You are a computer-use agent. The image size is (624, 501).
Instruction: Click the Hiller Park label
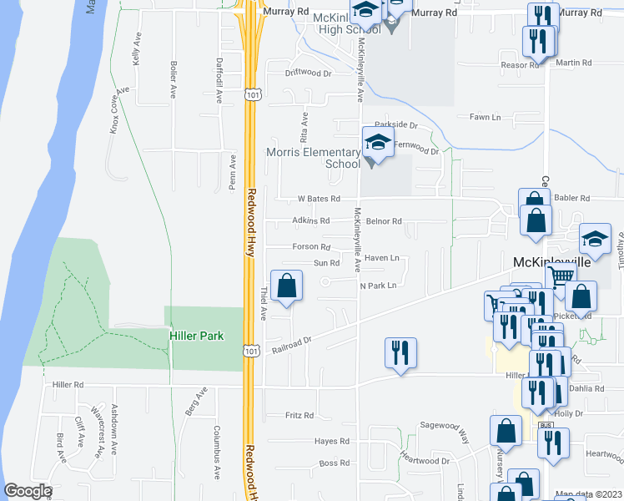pyautogui.click(x=197, y=336)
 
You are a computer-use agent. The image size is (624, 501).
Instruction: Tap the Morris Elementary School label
pyautogui.click(x=313, y=158)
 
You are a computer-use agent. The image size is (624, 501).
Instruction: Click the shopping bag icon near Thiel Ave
pyautogui.click(x=287, y=286)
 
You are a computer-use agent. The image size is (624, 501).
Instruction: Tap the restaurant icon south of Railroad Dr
pyautogui.click(x=400, y=352)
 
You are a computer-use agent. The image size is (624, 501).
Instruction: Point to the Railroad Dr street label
pyautogui.click(x=291, y=345)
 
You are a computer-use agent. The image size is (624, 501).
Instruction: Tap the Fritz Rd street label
pyautogui.click(x=299, y=415)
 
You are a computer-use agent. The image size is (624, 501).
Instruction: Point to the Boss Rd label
pyautogui.click(x=334, y=463)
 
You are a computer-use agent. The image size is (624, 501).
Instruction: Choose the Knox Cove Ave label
pyautogui.click(x=120, y=109)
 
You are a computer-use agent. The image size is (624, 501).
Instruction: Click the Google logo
pyautogui.click(x=28, y=491)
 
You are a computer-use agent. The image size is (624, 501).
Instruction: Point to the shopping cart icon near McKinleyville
pyautogui.click(x=561, y=276)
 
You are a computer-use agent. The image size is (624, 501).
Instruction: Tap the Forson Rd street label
pyautogui.click(x=312, y=246)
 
